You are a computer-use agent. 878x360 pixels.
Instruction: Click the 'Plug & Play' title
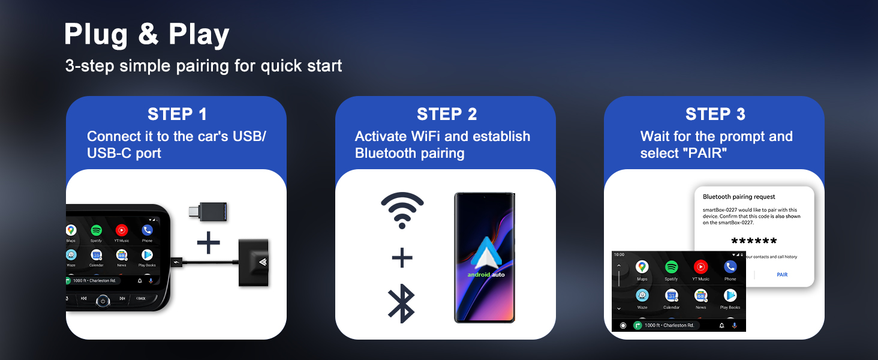coord(146,35)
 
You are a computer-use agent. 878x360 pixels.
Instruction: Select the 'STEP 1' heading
coord(177,114)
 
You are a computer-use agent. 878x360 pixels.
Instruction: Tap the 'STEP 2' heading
coord(447,114)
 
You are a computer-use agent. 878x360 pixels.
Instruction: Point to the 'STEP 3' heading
coord(715,114)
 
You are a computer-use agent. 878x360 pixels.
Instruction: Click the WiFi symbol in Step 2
coord(402,210)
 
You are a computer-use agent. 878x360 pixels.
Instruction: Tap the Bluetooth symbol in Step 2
coord(402,305)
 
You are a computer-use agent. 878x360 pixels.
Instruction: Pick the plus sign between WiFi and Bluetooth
coord(402,259)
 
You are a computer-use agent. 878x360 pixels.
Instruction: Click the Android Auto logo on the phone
coord(486,255)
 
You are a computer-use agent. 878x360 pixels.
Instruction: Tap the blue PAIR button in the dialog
coord(782,275)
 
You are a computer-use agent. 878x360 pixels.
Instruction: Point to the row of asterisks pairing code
coord(754,242)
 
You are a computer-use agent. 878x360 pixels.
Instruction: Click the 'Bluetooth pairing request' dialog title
coord(739,197)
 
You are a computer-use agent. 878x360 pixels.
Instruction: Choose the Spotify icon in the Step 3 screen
coord(671,267)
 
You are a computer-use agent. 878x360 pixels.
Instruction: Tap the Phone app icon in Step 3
coord(730,267)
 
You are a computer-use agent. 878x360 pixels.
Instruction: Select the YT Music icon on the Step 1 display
coord(122,230)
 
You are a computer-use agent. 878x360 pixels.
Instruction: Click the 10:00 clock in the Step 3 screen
coord(620,255)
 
